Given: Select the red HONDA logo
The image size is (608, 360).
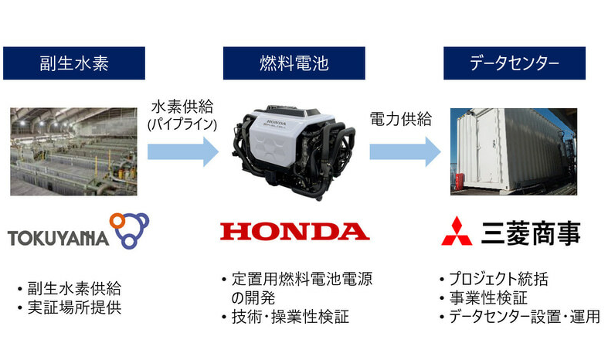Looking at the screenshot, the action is pos(294,231).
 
